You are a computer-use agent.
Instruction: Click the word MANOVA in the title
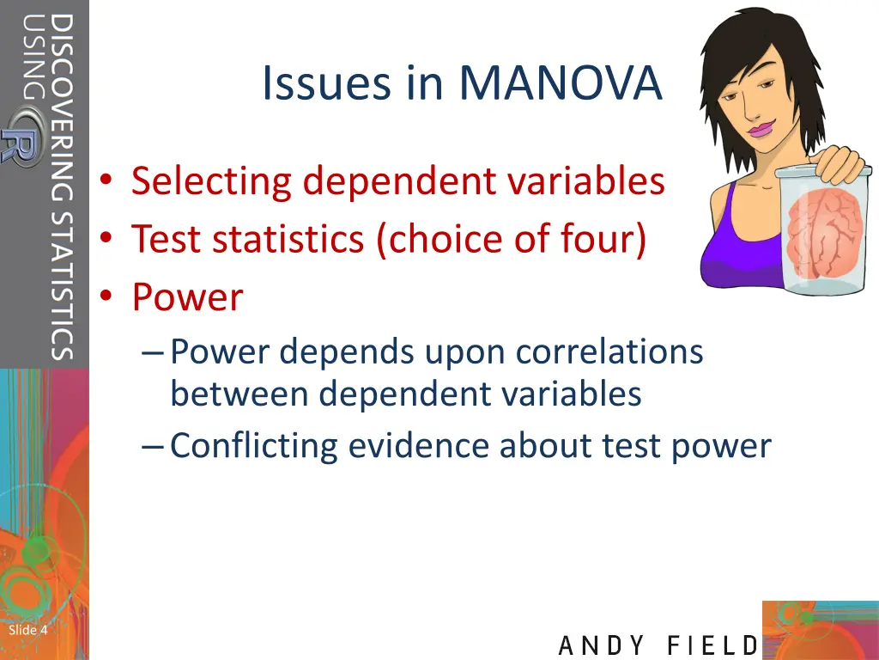tap(561, 83)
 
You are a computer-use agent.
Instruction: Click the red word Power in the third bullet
tap(187, 297)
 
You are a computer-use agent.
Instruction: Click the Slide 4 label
tap(27, 630)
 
